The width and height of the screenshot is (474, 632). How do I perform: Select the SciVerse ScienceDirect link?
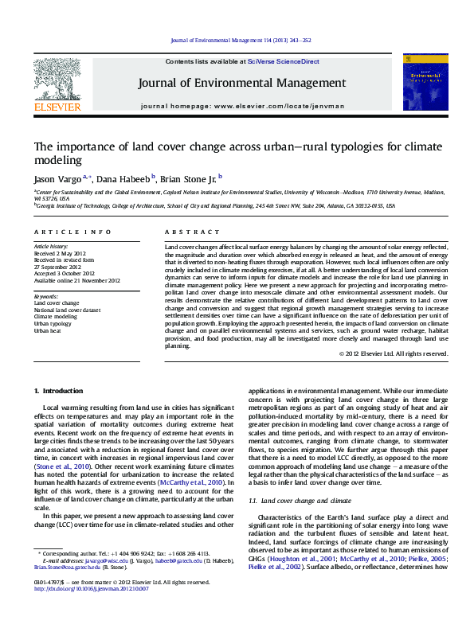tap(283, 61)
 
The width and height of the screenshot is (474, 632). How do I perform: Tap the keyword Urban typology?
tap(52, 323)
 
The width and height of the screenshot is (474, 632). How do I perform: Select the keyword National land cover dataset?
tap(67, 310)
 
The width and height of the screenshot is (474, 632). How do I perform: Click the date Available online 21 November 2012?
tap(76, 279)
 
